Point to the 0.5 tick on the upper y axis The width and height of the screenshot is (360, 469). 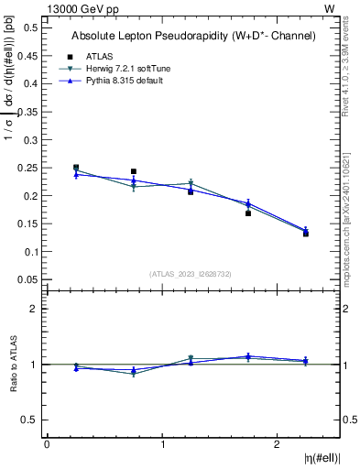pyautogui.click(x=31, y=28)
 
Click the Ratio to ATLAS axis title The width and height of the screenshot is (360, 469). pyautogui.click(x=12, y=364)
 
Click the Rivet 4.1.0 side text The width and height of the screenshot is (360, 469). pyautogui.click(x=352, y=64)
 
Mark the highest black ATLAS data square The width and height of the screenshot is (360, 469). pyautogui.click(x=76, y=168)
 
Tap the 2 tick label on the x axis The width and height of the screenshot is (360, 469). pyautogui.click(x=277, y=444)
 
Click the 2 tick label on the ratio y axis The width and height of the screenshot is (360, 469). pyautogui.click(x=34, y=309)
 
